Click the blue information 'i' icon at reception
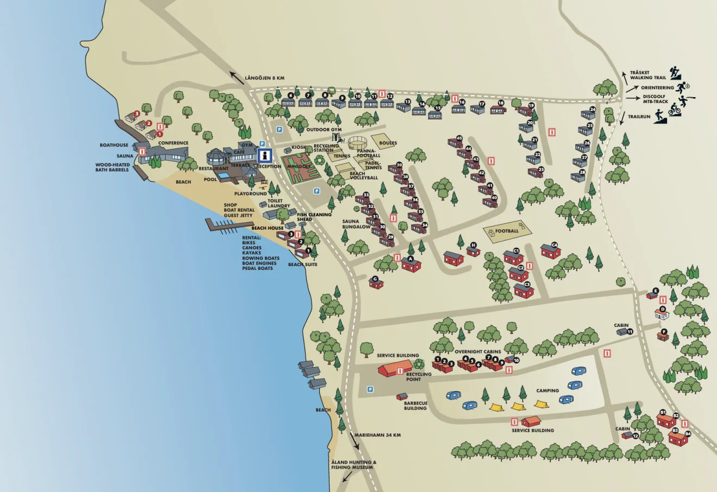(265, 155)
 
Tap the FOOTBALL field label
(507, 231)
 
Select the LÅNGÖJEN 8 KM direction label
(265, 78)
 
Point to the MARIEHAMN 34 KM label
(378, 435)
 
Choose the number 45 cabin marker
(459, 138)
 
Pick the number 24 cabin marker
(593, 109)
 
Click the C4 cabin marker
(555, 244)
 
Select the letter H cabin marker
(473, 245)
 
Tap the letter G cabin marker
(374, 279)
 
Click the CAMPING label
(548, 390)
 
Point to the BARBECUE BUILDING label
(416, 406)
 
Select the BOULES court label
(388, 143)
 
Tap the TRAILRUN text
(638, 116)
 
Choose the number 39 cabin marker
(399, 165)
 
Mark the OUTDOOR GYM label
(324, 130)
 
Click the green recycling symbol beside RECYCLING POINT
(419, 364)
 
